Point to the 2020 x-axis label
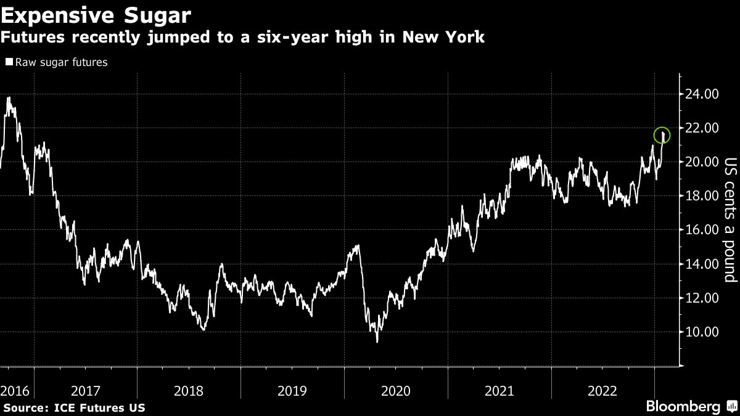(397, 390)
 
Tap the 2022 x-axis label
(603, 390)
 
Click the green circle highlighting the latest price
(662, 134)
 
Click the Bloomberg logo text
(683, 407)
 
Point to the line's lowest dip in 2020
(377, 341)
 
